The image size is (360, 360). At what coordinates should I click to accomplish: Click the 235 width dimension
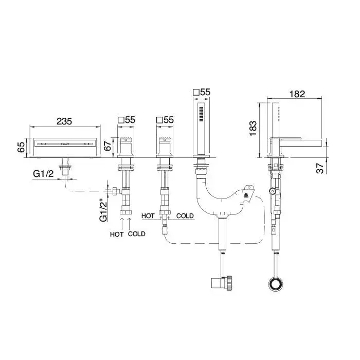click(x=64, y=121)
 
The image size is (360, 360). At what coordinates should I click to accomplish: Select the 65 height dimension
click(x=21, y=147)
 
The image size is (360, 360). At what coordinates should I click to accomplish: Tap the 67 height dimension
click(x=107, y=146)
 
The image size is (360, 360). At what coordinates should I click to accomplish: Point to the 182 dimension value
click(x=297, y=94)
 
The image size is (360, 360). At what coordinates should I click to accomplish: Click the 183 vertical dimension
click(x=253, y=129)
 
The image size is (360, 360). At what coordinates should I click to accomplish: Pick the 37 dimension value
click(x=320, y=168)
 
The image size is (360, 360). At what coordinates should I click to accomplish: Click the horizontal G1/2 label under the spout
click(x=43, y=174)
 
